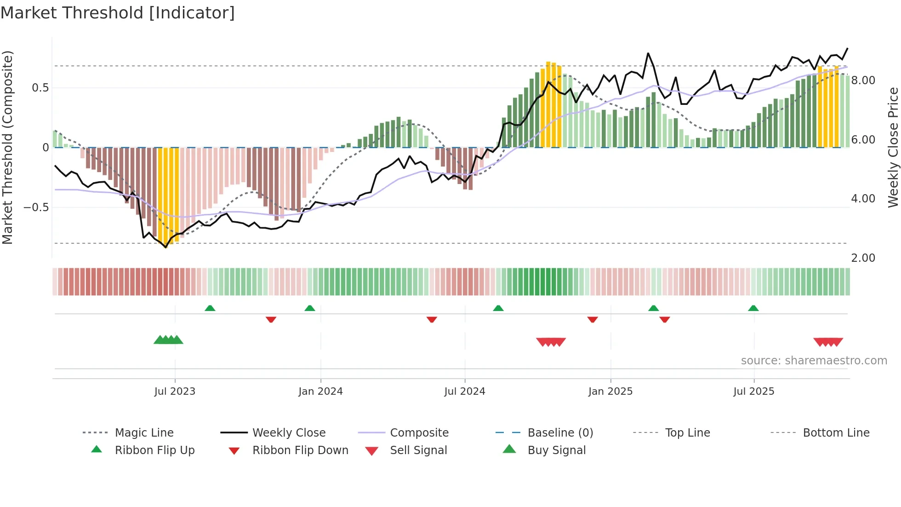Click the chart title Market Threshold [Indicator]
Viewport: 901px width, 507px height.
pos(118,13)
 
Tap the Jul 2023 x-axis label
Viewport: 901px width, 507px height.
pos(175,392)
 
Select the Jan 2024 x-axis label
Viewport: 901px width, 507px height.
pos(320,392)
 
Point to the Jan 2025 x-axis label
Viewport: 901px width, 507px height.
pos(610,392)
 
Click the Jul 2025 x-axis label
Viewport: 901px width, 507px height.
pos(753,392)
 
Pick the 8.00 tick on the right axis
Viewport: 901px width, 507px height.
pos(863,81)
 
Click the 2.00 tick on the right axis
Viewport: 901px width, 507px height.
pos(863,258)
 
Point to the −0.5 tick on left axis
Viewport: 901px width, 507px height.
pos(36,207)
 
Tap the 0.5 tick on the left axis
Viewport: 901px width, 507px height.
pos(40,88)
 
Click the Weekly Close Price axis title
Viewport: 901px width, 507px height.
pos(893,147)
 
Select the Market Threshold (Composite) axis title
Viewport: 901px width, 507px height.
pos(7,147)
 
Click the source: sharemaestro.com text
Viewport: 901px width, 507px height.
pos(814,361)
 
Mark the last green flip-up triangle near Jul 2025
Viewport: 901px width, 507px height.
pos(753,308)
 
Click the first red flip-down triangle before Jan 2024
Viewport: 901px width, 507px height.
pos(271,319)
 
